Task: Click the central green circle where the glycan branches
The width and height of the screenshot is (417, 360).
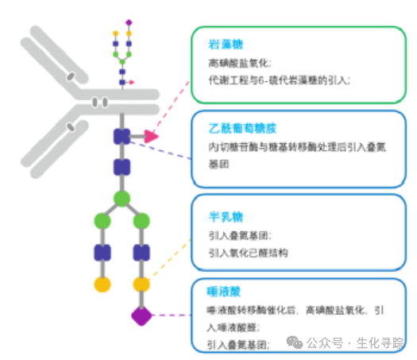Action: click(x=122, y=198)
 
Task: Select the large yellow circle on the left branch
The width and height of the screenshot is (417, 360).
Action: click(x=102, y=284)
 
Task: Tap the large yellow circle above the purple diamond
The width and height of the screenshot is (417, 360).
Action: click(x=141, y=284)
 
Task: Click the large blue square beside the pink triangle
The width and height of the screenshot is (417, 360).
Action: click(x=122, y=137)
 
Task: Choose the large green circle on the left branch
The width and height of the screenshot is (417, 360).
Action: click(x=102, y=219)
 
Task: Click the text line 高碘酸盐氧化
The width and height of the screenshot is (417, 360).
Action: click(x=240, y=63)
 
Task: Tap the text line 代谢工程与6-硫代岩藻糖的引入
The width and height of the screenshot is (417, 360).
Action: click(x=278, y=79)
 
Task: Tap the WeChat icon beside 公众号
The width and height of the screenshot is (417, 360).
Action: click(x=295, y=342)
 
